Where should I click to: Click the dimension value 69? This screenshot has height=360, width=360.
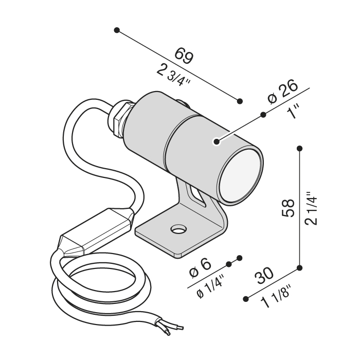184,55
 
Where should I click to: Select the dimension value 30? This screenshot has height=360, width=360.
266,275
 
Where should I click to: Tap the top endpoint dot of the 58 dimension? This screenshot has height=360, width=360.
300,149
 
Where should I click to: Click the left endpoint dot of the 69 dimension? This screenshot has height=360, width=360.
117,30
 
